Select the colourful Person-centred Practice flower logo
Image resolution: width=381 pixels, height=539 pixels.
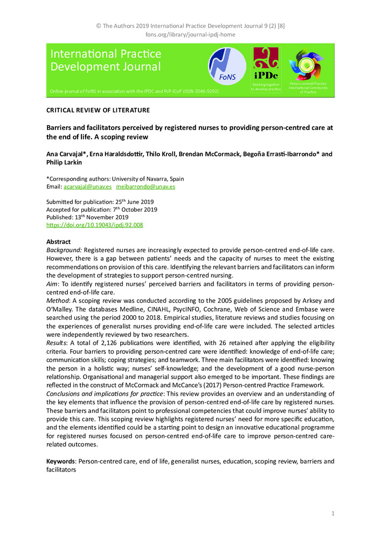tap(308, 65)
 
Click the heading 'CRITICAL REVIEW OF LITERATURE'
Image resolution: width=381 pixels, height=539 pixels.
tap(98, 110)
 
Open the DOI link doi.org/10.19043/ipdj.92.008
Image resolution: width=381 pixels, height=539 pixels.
tap(94, 225)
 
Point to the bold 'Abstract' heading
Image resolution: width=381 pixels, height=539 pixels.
tap(58, 242)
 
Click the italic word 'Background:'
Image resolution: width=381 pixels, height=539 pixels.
tap(64, 250)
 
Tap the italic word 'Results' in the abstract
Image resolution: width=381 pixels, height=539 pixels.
tap(58, 343)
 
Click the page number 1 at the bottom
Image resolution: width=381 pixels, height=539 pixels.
tap(333, 514)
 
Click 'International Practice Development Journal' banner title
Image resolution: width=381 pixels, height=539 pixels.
tap(106, 61)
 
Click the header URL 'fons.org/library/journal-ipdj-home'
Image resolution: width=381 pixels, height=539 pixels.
tap(190, 35)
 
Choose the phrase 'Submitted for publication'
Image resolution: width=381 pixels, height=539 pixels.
tap(79, 202)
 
